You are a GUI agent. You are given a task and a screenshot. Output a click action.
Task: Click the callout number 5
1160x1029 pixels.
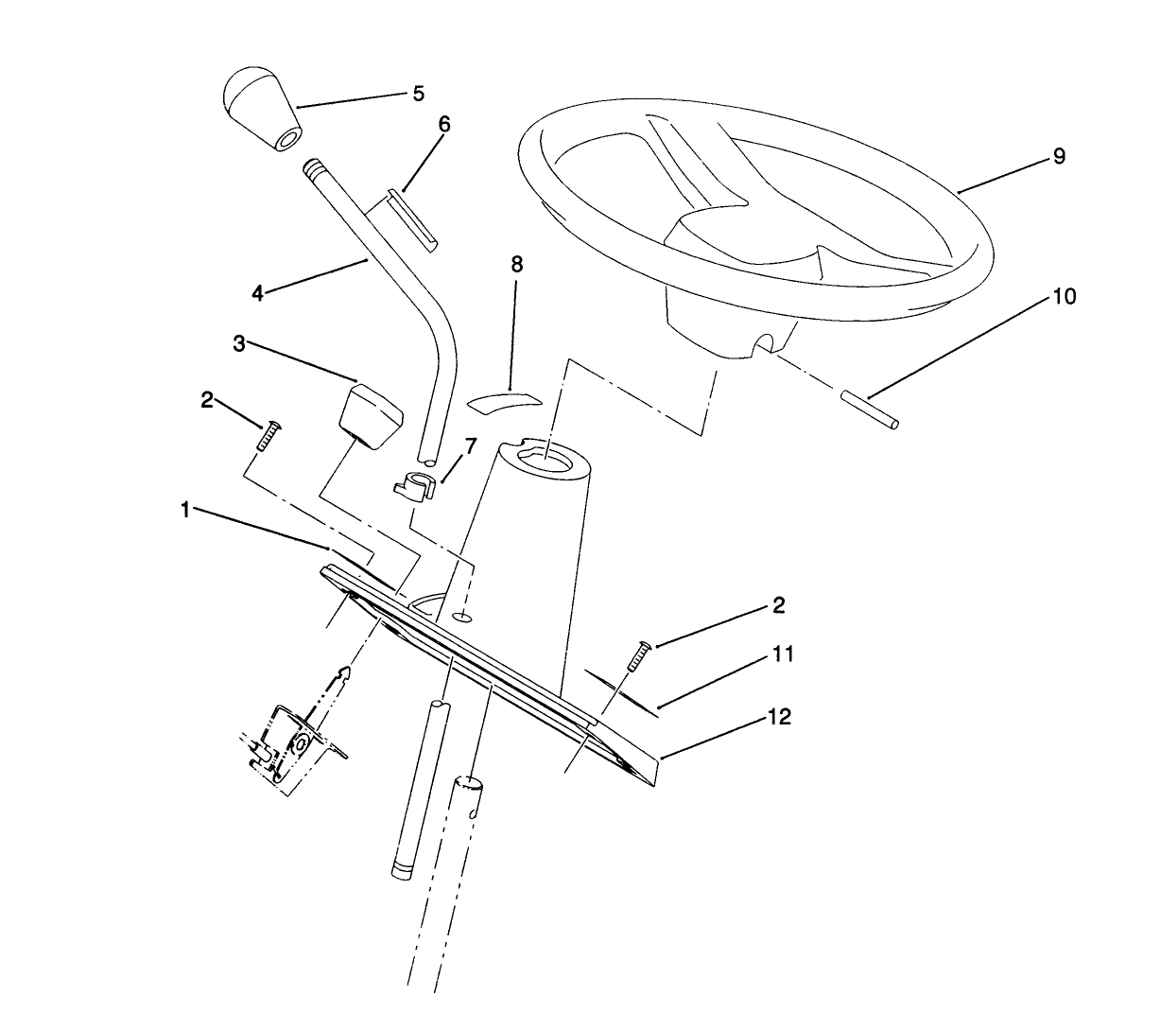pyautogui.click(x=417, y=94)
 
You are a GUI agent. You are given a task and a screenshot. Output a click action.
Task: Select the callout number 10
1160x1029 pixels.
pyautogui.click(x=1064, y=297)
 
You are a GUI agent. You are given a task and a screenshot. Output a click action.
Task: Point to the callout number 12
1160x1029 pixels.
pyautogui.click(x=779, y=717)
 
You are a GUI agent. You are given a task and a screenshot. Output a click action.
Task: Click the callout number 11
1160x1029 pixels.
pyautogui.click(x=783, y=654)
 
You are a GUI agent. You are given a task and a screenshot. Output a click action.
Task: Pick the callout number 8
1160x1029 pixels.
pyautogui.click(x=516, y=264)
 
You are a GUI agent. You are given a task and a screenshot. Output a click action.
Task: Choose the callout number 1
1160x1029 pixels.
pyautogui.click(x=186, y=510)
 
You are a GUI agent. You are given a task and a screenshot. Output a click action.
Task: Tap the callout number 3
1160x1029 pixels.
pyautogui.click(x=239, y=343)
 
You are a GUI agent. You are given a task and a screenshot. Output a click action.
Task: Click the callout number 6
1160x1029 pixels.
pyautogui.click(x=444, y=124)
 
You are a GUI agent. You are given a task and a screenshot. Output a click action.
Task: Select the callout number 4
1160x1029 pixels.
pyautogui.click(x=257, y=293)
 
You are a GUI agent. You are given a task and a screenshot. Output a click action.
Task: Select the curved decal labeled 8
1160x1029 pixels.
pyautogui.click(x=503, y=397)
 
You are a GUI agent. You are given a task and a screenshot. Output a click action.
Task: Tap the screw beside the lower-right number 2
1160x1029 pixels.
pyautogui.click(x=636, y=655)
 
